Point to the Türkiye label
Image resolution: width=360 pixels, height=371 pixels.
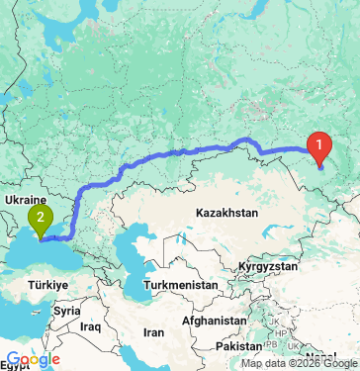point(46,285)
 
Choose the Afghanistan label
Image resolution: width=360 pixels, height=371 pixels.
point(215,322)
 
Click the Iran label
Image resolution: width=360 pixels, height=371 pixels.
point(154,332)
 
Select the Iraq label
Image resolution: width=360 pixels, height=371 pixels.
point(92,325)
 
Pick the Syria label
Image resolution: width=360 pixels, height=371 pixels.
point(67,311)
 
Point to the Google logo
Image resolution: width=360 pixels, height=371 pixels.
point(34,360)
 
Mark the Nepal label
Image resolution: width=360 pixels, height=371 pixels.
point(319,356)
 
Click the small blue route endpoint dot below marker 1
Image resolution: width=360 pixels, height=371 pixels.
point(320,165)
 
